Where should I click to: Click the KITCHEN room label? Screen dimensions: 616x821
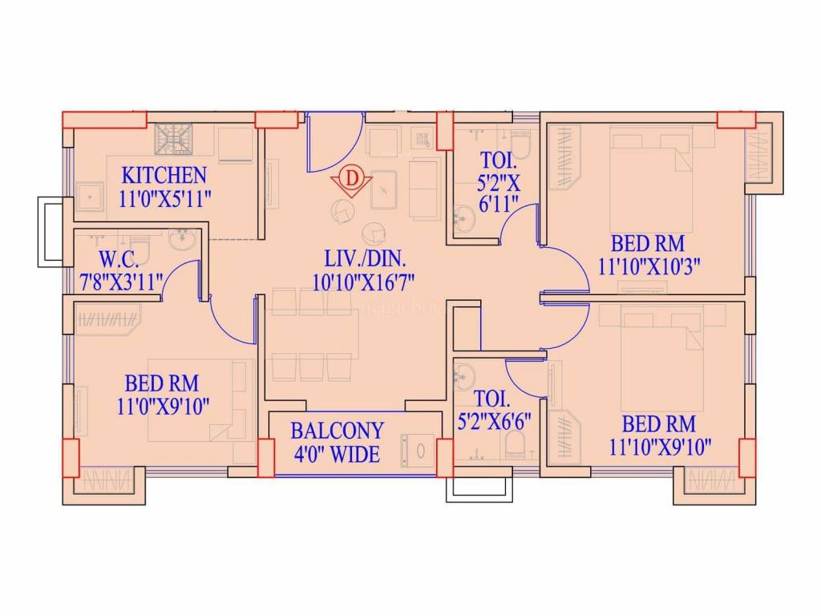[164, 175]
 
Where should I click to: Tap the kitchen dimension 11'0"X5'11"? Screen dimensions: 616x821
[164, 199]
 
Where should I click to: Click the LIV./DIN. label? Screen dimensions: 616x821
[366, 259]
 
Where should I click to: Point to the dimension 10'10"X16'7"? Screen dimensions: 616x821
[366, 282]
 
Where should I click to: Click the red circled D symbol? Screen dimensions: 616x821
[351, 179]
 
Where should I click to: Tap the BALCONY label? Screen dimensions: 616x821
[337, 430]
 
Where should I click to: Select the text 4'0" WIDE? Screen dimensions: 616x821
[337, 454]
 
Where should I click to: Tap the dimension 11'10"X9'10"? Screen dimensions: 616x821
[660, 445]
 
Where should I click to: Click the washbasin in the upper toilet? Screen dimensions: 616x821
[463, 218]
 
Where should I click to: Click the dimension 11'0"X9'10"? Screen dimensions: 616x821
[163, 406]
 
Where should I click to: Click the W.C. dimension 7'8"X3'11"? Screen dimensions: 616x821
[121, 282]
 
